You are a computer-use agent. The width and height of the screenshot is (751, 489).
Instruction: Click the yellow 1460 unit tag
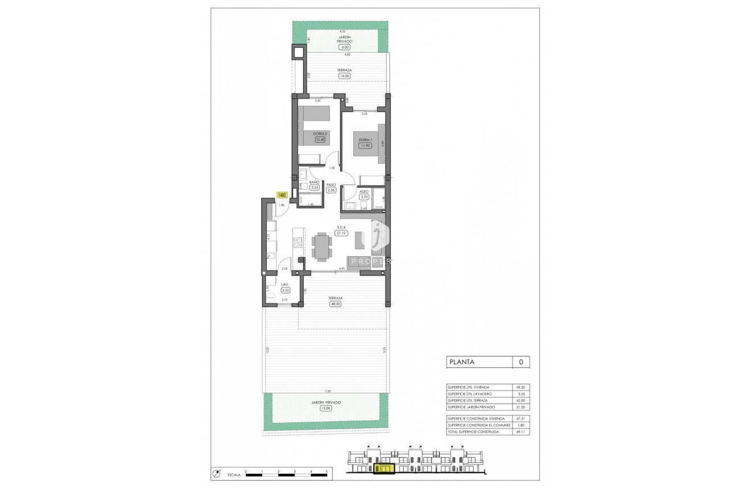click(282, 195)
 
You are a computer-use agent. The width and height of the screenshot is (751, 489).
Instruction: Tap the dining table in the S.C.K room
click(323, 246)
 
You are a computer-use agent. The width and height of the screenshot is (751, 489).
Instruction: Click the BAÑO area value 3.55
click(315, 187)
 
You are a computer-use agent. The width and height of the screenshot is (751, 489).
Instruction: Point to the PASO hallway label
click(331, 184)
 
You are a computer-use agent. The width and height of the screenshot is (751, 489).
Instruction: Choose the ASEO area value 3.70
click(365, 197)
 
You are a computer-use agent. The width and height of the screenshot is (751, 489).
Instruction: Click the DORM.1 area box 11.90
click(364, 145)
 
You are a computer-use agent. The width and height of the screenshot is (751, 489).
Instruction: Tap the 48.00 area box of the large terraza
click(335, 304)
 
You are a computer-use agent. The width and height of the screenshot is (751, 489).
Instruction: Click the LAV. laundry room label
click(286, 284)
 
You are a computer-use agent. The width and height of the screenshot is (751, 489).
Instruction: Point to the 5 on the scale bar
click(327, 471)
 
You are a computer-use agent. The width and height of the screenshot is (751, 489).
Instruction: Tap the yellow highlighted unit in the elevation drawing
click(384, 468)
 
